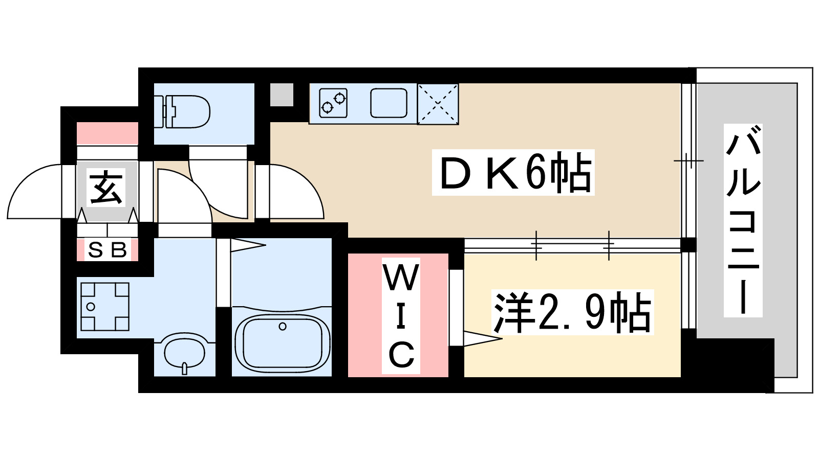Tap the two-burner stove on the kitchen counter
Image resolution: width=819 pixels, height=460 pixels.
click(333, 103)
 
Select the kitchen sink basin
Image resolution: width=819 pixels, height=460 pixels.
click(389, 103)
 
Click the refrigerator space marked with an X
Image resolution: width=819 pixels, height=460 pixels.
click(438, 104)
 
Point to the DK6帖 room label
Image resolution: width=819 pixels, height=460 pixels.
click(513, 173)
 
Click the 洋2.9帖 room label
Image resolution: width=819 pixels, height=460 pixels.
click(572, 312)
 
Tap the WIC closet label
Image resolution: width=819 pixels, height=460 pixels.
click(401, 316)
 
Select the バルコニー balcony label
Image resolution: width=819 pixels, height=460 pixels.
click(743, 220)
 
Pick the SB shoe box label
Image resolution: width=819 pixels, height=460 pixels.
click(107, 250)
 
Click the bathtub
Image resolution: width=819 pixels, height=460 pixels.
click(282, 341)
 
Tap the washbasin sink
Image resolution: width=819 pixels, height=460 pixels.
click(185, 352)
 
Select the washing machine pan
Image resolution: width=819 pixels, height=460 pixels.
click(105, 306)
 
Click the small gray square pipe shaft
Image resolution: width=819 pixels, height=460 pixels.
click(282, 95)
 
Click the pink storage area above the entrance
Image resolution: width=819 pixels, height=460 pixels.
click(107, 133)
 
